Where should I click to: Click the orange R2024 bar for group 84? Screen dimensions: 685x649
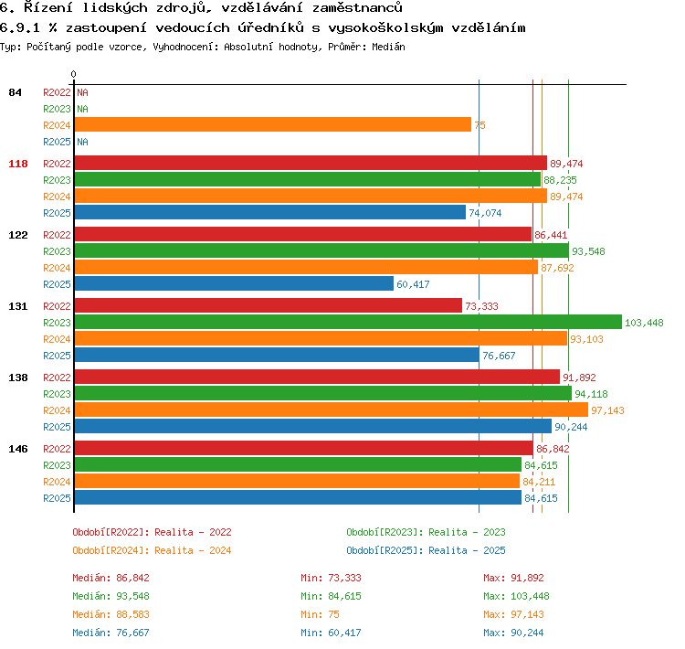coord(272,124)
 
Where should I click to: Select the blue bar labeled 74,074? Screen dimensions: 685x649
coord(270,213)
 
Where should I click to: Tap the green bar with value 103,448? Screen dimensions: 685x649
coord(348,322)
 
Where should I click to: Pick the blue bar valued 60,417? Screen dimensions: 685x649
coord(234,284)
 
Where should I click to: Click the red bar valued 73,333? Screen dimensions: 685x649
coord(269,305)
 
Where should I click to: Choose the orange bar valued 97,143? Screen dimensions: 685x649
coord(332,410)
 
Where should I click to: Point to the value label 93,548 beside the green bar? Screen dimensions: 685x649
coord(588,251)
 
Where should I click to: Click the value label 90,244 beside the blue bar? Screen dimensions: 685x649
coord(571,427)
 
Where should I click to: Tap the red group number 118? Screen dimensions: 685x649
coord(18,164)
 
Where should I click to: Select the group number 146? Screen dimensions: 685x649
coord(18,449)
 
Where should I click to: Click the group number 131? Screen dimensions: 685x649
coord(18,306)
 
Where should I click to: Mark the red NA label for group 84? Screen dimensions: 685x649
coord(82,92)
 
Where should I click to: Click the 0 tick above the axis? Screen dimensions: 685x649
coord(73,74)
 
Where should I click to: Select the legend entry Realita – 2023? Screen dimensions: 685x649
coord(467,532)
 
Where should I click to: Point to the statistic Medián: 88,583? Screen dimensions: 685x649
coord(111,614)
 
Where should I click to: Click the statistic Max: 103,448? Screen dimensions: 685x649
coord(516,596)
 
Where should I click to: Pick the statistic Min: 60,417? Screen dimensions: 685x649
coord(331,633)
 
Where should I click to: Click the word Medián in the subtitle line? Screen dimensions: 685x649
coord(388,47)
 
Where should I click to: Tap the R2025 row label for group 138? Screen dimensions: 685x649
coord(57,427)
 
